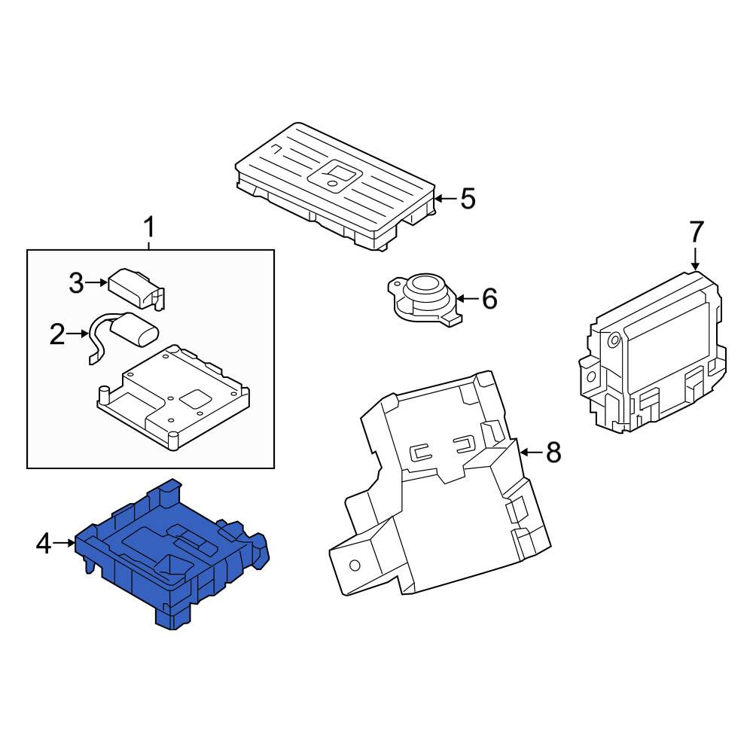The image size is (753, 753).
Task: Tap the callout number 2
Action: (x=57, y=334)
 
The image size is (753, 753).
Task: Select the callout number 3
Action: (x=76, y=283)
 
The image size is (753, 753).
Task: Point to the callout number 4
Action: (x=44, y=544)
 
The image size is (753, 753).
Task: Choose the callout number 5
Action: (x=468, y=198)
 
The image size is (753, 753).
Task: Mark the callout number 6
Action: (x=489, y=299)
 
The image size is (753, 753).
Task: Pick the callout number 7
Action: (x=697, y=232)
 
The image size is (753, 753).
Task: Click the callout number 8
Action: (x=553, y=452)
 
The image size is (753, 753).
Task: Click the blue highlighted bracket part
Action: (x=172, y=552)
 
